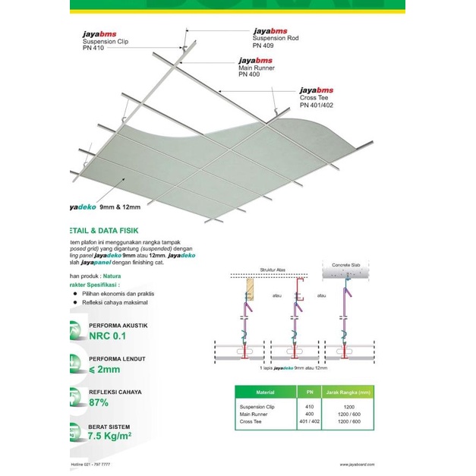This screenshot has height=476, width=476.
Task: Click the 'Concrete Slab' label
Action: tap(346, 265)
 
